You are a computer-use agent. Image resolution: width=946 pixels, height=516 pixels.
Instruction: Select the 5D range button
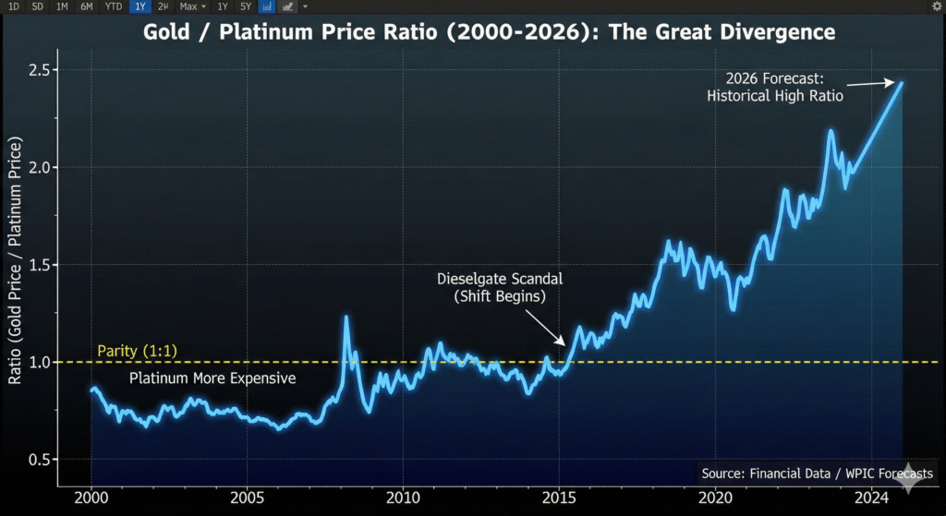click(x=37, y=6)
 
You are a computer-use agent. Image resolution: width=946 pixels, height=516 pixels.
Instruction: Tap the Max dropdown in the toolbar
click(x=190, y=6)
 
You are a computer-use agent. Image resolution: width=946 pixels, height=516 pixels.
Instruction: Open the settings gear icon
click(x=937, y=6)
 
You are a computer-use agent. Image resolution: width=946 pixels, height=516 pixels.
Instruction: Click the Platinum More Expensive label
click(x=212, y=378)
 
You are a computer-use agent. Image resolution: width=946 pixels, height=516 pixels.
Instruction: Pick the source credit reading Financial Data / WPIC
click(x=817, y=474)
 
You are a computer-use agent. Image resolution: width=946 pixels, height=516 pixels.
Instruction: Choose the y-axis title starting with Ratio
click(x=15, y=263)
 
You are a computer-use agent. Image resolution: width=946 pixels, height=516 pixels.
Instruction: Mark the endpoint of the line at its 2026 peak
click(x=902, y=82)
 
